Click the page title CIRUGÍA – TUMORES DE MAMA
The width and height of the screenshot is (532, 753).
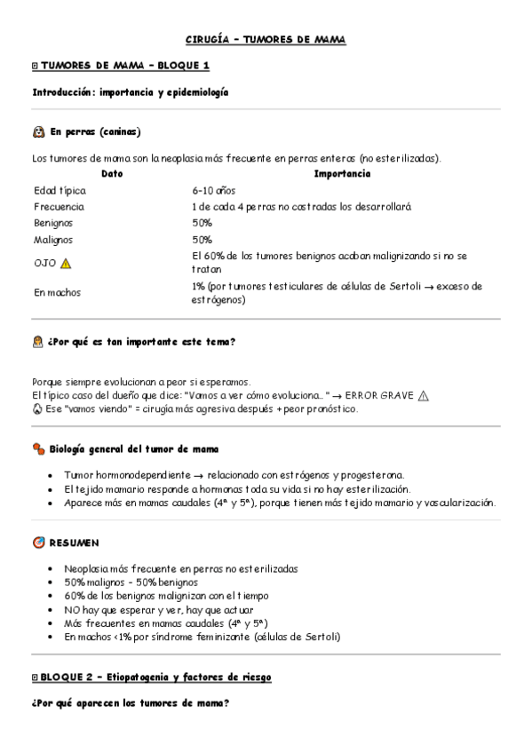tap(266, 40)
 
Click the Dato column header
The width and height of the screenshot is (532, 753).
tap(112, 174)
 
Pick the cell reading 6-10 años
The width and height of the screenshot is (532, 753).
tap(213, 191)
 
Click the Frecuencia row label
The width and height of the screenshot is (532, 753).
tap(59, 207)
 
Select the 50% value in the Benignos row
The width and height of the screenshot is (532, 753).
tap(202, 223)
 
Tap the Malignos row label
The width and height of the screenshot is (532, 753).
tap(53, 240)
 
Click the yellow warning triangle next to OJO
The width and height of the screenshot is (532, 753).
tap(66, 263)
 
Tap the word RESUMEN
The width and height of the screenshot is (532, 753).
tap(74, 543)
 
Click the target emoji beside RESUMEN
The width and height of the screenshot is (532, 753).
tap(38, 543)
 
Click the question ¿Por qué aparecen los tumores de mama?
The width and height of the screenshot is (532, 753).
tap(131, 704)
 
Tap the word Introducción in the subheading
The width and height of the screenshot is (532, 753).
tap(62, 92)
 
